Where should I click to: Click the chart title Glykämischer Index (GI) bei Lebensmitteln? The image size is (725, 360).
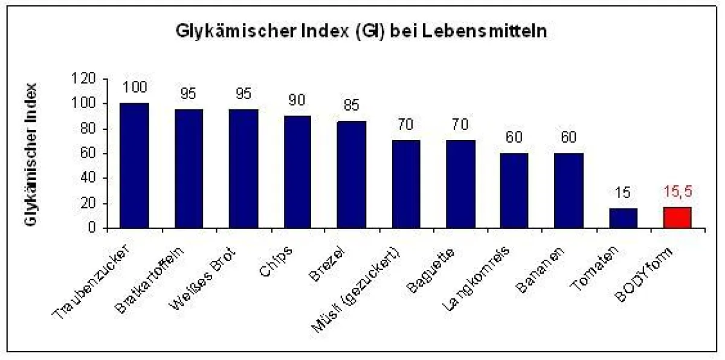361,32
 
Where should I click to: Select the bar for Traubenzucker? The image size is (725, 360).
134,166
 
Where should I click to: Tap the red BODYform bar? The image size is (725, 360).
677,217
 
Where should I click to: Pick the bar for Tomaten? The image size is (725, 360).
623,218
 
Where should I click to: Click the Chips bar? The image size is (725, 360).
297,172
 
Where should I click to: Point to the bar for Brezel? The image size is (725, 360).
351,175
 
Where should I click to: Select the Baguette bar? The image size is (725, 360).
460,184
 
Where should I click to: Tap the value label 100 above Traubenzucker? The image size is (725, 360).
134,88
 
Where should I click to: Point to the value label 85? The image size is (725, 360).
351,106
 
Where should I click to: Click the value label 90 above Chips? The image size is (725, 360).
297,100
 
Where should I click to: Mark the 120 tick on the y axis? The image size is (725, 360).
84,79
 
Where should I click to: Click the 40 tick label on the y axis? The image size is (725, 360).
88,178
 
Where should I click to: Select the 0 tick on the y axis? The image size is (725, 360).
92,228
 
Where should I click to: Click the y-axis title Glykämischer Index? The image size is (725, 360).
32,153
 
